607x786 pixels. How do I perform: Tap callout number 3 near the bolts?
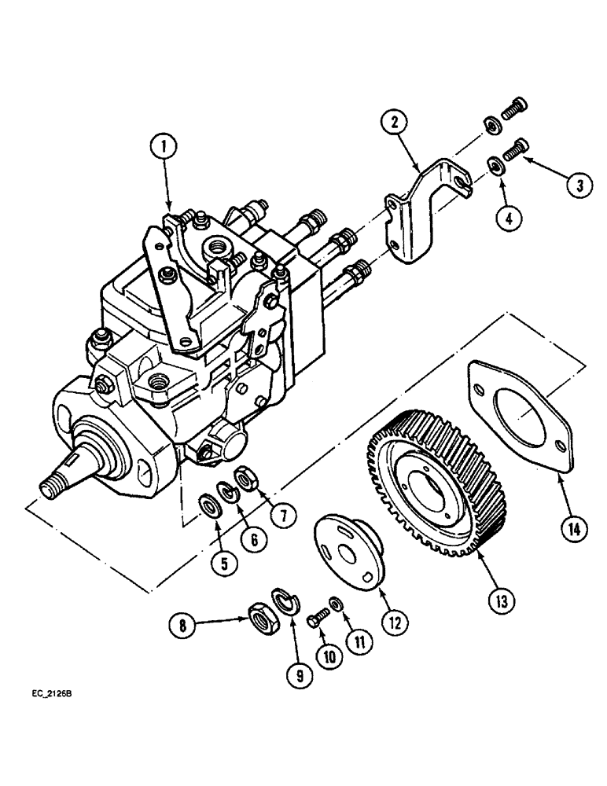579,186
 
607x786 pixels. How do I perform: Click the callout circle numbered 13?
500,601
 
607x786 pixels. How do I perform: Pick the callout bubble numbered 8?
182,626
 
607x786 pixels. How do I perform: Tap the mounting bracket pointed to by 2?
425,212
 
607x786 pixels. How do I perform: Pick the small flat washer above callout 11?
336,603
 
